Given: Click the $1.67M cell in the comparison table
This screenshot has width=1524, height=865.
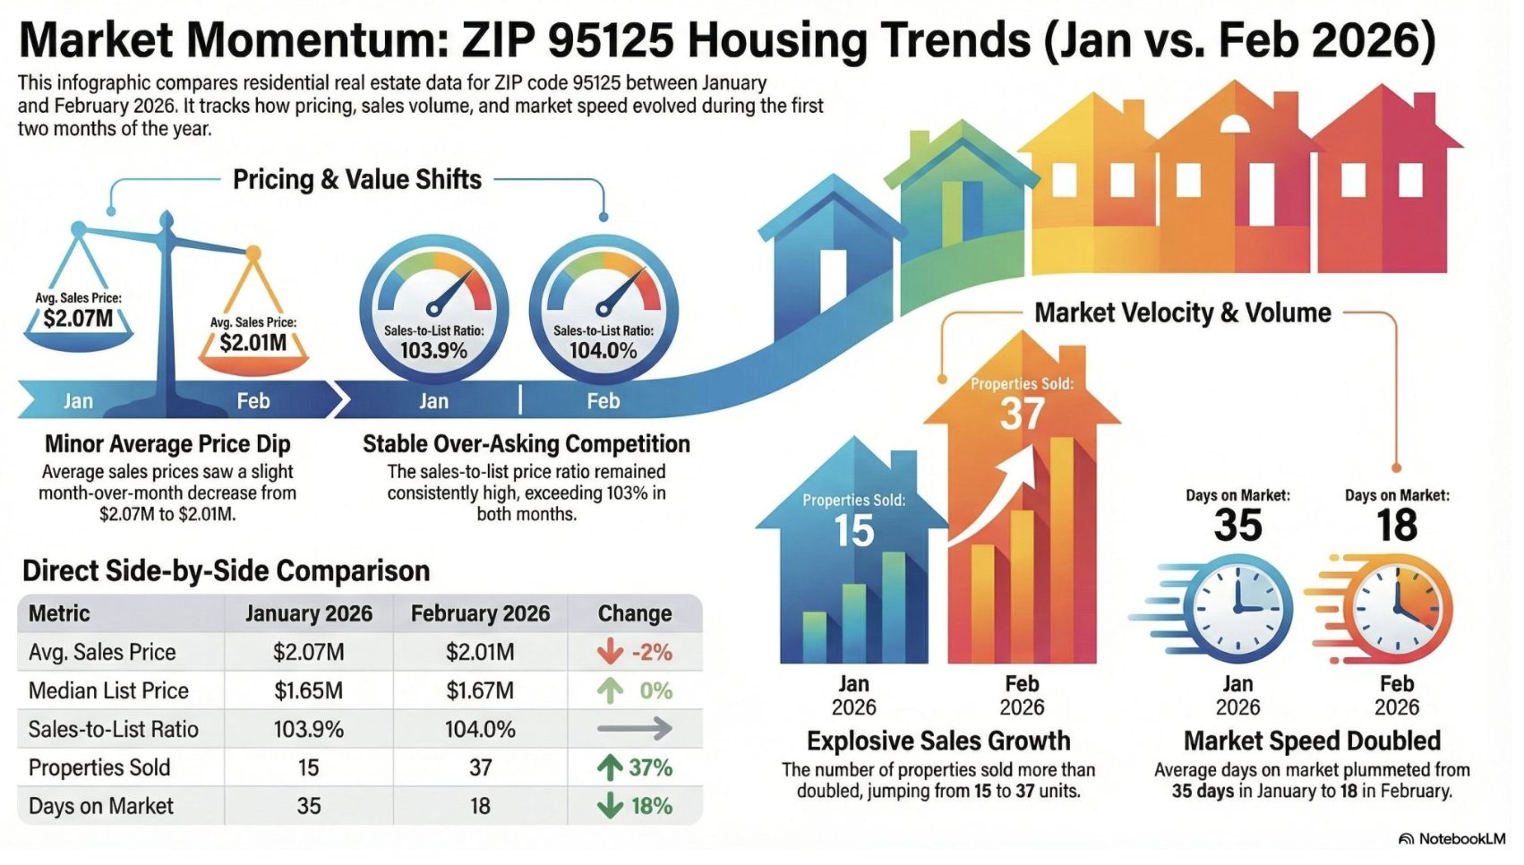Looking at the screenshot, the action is coord(480,690).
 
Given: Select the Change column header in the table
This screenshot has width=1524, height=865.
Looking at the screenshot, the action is coord(635,613).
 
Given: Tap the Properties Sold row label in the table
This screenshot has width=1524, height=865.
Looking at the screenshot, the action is coord(99,767).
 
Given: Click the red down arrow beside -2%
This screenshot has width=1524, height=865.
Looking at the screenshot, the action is coord(611,651).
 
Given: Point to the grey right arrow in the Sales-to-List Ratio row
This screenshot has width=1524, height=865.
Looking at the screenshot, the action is coord(634,729).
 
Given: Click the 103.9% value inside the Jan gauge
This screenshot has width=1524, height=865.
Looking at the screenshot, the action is coord(433,350).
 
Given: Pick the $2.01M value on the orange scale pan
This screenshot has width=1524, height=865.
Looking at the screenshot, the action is coord(253,343).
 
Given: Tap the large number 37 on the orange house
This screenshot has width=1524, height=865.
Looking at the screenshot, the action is coord(1022,414).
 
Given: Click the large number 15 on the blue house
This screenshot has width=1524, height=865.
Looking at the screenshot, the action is coord(854,531).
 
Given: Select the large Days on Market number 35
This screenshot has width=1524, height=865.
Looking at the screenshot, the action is coord(1237,525).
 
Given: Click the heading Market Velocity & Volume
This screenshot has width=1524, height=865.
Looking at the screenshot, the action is coord(1183,313).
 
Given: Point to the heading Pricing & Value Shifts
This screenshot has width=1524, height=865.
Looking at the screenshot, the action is coord(357,180).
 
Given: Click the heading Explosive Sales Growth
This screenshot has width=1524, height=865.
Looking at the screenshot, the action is coord(938,741).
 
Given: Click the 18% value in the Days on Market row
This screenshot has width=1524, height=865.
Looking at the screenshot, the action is coord(651,807).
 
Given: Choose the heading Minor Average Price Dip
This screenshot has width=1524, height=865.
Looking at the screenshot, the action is coord(167,444).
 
